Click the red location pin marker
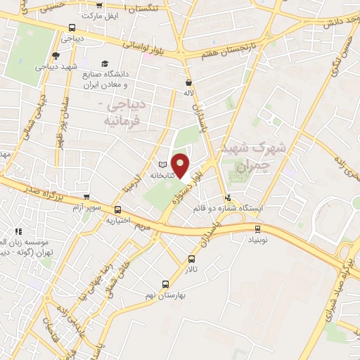point(181,165)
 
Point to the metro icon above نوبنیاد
point(257,229)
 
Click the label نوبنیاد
point(257,239)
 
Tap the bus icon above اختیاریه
point(117,210)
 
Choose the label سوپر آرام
point(86,208)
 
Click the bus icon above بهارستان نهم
point(165,285)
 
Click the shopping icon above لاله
point(188,82)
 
